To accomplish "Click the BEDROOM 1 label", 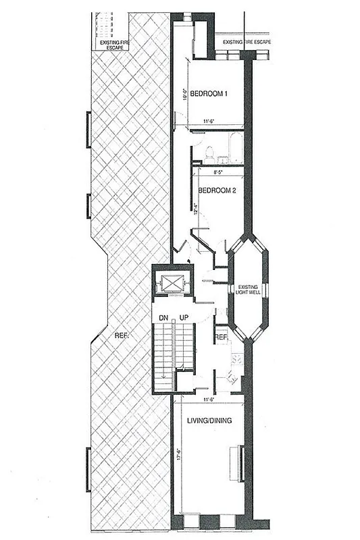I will point(207,93).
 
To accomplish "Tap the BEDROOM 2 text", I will point(216,190).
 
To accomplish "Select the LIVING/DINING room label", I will point(209,421).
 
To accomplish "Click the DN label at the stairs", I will point(163,317).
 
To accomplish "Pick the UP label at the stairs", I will point(183,317).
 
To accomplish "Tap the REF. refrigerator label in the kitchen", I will point(221,335).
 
